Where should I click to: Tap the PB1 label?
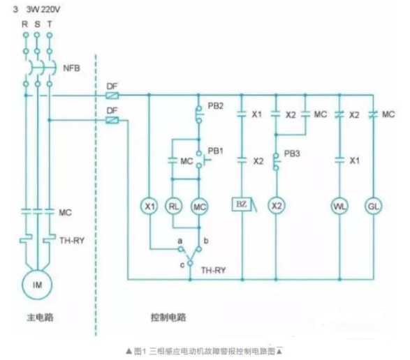coord(215,151)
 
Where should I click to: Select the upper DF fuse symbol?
coord(112,95)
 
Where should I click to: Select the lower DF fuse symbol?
coord(112,120)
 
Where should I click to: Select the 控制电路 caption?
coord(168,317)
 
